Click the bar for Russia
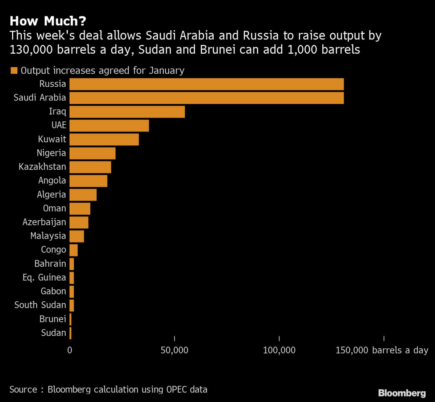[x=206, y=84]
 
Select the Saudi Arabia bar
[x=206, y=98]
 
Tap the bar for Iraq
[x=127, y=112]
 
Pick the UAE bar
[x=109, y=125]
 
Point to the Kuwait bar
[x=104, y=139]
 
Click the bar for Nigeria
[x=92, y=153]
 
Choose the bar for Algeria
[x=83, y=195]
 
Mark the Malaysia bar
[x=76, y=236]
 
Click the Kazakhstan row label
[x=42, y=167]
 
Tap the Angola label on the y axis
[x=52, y=181]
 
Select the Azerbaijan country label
[x=44, y=222]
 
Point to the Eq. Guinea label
[x=44, y=278]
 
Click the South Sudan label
[x=40, y=305]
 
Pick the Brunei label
[x=53, y=319]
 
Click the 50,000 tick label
[x=175, y=351]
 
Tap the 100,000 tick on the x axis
[x=279, y=351]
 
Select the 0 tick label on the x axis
[x=70, y=351]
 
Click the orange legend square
[x=14, y=71]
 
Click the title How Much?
[x=48, y=21]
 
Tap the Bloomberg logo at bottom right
[x=402, y=393]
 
